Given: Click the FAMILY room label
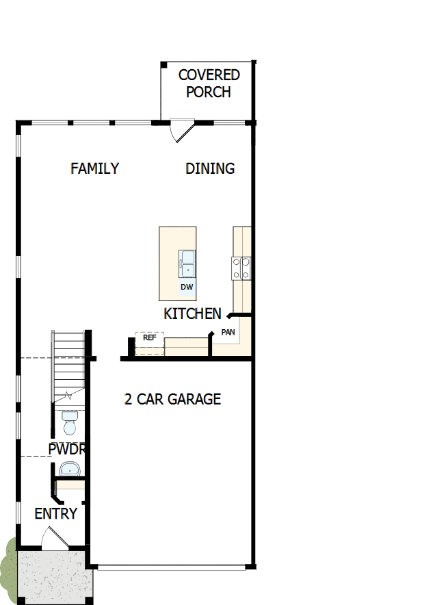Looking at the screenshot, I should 94,168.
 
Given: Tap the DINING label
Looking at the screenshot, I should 210,168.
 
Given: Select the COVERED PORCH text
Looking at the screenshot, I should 209,83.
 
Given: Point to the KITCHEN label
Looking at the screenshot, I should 192,314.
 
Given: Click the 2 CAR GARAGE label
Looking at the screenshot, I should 172,399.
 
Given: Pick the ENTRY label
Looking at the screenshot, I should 55,514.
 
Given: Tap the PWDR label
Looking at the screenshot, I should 66,450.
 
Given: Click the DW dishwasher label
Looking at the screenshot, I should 187,287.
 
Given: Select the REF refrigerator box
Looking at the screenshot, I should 150,338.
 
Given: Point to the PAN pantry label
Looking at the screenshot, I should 228,333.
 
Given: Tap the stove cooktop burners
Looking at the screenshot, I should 241,268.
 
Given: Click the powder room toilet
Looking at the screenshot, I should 68,424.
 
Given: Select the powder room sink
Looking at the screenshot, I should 70,469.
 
